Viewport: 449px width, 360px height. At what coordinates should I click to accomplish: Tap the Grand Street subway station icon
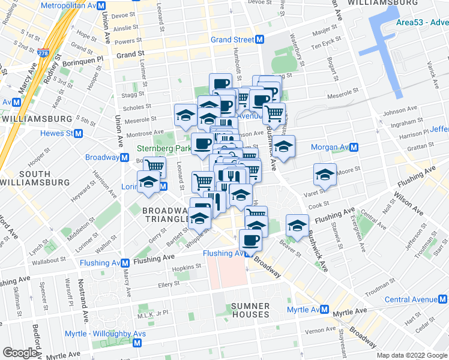(x=260, y=40)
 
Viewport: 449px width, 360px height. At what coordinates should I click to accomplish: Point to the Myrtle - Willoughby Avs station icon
(x=137, y=343)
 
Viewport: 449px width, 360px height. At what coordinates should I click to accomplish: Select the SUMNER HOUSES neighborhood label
(x=250, y=310)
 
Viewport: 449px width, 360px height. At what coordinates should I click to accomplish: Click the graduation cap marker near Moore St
(x=324, y=174)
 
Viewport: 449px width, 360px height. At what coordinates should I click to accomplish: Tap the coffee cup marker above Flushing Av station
(x=250, y=240)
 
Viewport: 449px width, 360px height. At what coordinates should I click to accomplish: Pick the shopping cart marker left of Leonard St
(x=154, y=165)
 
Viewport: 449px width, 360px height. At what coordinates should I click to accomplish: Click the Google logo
(x=20, y=353)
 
